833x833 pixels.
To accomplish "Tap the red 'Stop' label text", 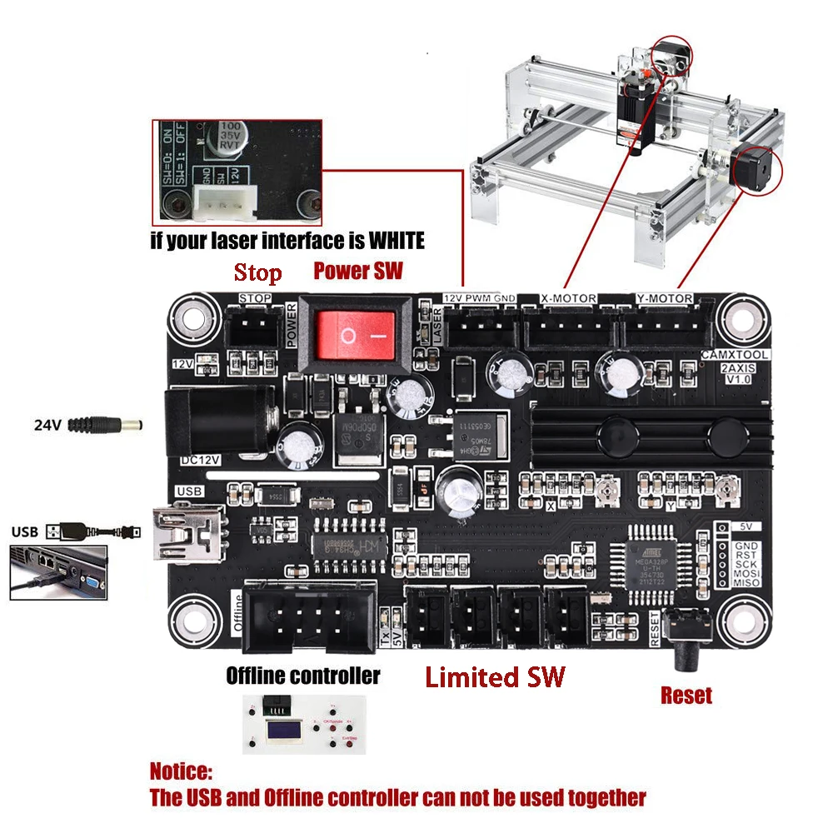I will point(257,273).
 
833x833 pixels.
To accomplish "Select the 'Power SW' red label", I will point(357,271).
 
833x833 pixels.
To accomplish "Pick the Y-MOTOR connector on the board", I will point(663,331).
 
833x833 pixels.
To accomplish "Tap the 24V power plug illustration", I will point(104,425).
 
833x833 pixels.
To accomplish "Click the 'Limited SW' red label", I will point(495,676).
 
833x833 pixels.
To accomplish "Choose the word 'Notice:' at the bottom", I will point(181,771).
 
